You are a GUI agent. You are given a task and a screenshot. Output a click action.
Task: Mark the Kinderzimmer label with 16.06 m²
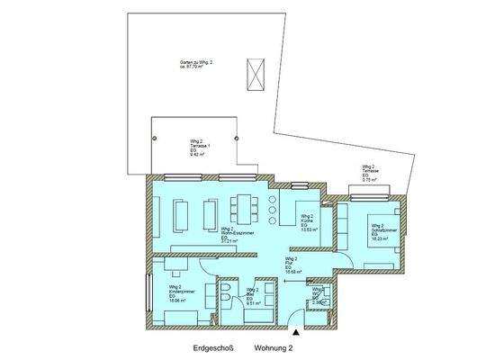[169, 293]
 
